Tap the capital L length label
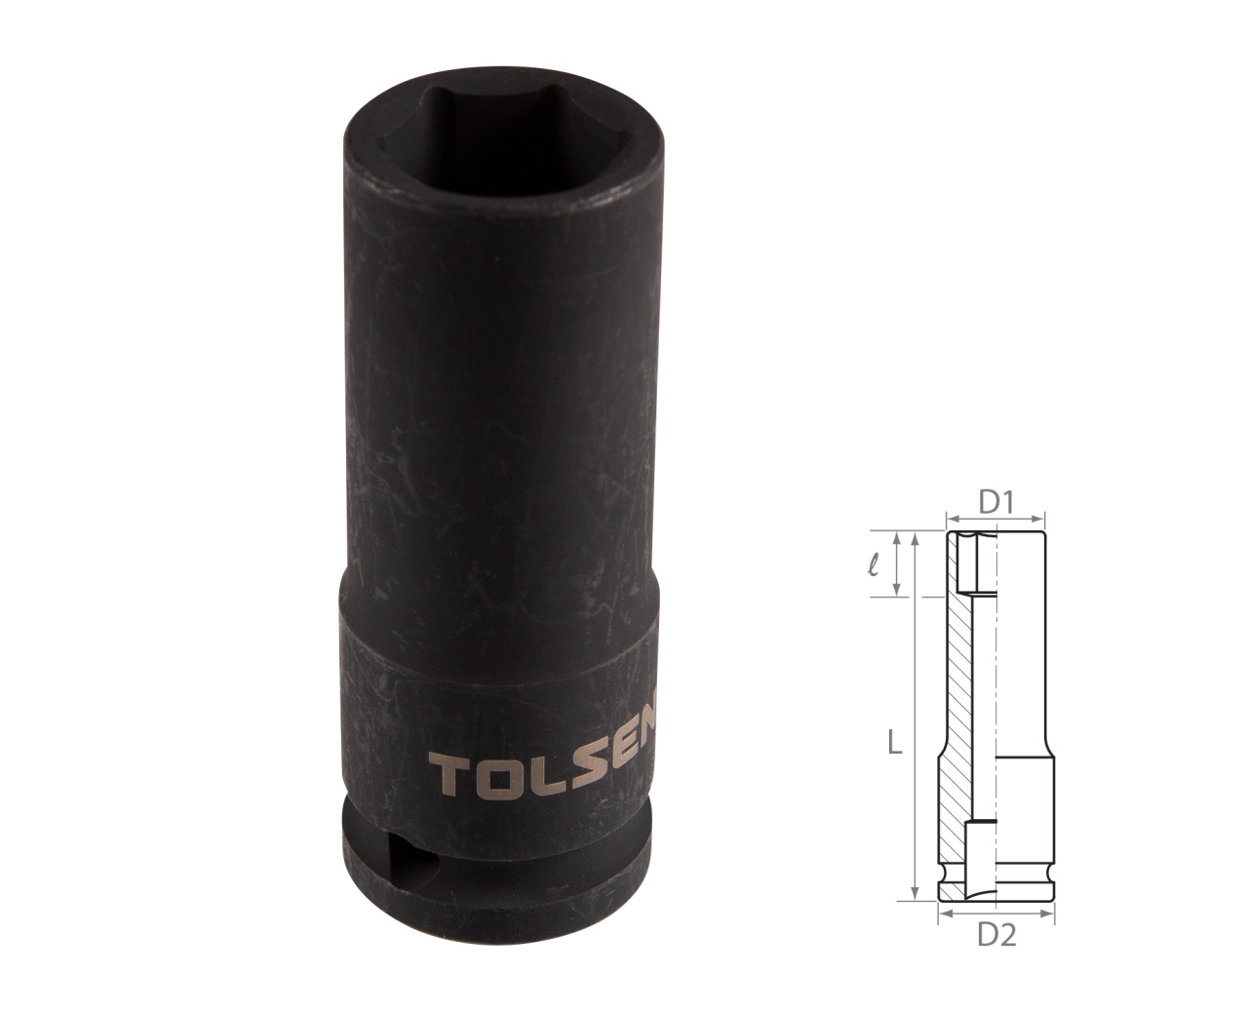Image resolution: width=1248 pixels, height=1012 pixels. (895, 746)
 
